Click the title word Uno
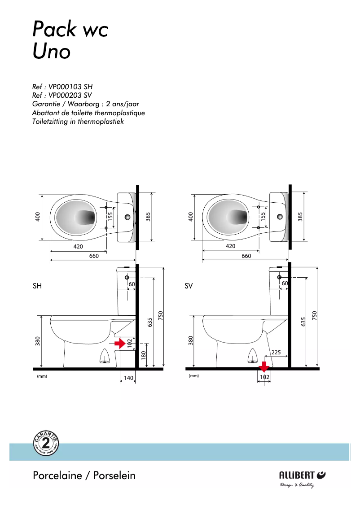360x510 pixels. pyautogui.click(x=52, y=52)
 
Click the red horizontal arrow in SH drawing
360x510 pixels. pyautogui.click(x=120, y=344)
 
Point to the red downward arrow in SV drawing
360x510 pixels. pyautogui.click(x=264, y=366)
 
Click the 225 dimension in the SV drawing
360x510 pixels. pyautogui.click(x=277, y=353)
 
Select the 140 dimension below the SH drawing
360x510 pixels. pyautogui.click(x=128, y=378)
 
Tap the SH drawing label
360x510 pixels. pyautogui.click(x=37, y=285)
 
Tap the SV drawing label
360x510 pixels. pyautogui.click(x=189, y=285)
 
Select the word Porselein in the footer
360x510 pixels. pyautogui.click(x=114, y=475)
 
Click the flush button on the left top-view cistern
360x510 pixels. pyautogui.click(x=127, y=218)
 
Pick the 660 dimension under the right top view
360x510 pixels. pyautogui.click(x=246, y=256)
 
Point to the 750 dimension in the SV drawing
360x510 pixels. pyautogui.click(x=314, y=316)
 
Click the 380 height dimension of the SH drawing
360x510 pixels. pyautogui.click(x=38, y=341)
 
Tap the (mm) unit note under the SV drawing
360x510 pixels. pyautogui.click(x=194, y=376)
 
